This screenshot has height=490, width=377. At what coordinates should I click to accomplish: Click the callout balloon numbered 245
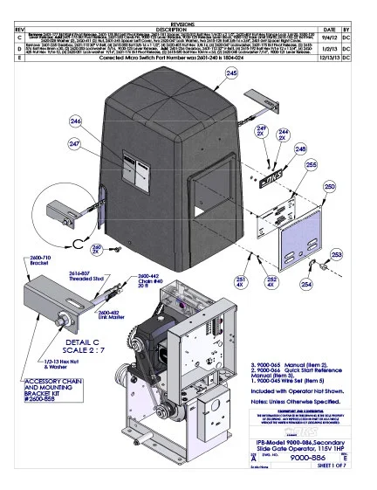[231, 100]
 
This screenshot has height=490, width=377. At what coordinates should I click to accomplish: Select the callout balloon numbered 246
[75, 121]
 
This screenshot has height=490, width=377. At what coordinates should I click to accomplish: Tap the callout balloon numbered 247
[75, 142]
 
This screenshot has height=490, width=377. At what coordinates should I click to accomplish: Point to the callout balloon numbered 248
[300, 149]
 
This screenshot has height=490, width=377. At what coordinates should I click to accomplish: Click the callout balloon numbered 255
[311, 165]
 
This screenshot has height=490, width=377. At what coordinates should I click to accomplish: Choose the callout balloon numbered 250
[329, 187]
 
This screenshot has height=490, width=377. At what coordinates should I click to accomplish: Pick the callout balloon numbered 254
[306, 284]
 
